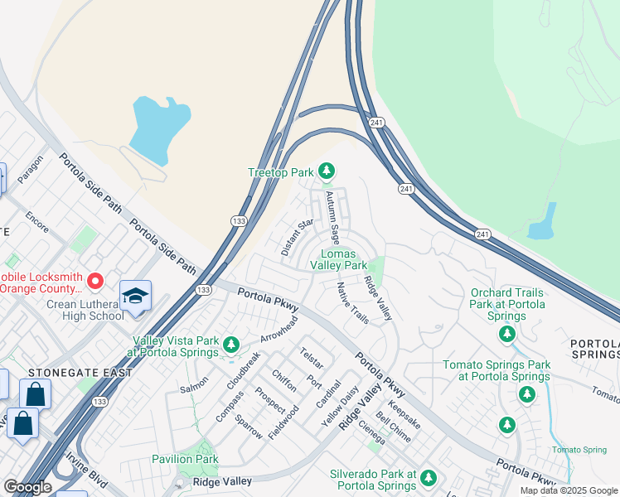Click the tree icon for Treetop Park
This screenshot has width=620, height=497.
(x=327, y=171)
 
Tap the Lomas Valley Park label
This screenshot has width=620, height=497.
(x=338, y=259)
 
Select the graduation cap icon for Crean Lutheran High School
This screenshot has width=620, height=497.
(x=136, y=296)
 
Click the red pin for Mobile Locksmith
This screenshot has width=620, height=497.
(x=95, y=282)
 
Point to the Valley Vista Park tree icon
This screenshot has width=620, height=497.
(x=231, y=344)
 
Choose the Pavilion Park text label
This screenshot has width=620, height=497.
(x=185, y=459)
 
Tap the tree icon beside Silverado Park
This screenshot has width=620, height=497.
(x=428, y=478)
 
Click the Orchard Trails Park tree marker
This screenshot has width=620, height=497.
(x=506, y=334)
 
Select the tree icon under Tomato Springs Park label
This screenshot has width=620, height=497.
(x=526, y=394)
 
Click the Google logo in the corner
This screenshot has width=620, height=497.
(x=27, y=487)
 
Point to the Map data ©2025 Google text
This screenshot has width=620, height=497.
(x=569, y=490)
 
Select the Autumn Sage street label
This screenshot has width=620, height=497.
(x=332, y=217)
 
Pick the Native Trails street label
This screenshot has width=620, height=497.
(x=351, y=303)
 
